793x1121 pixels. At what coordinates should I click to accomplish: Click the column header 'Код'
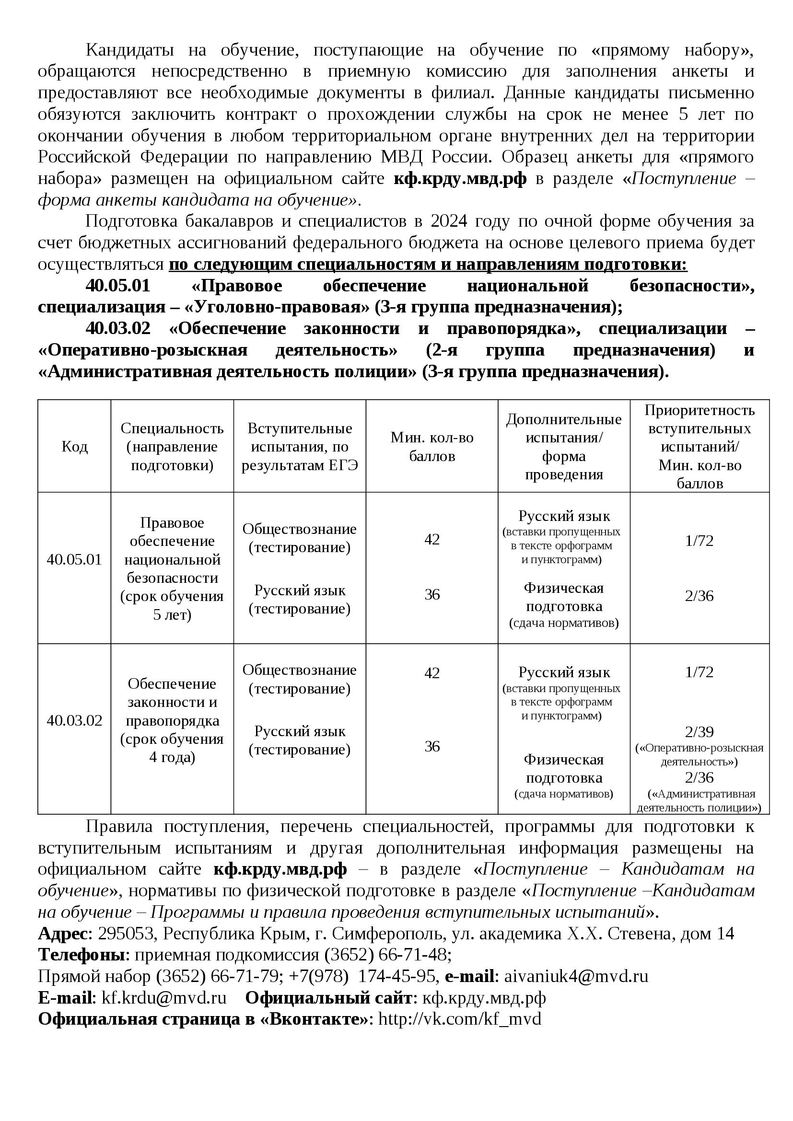(x=74, y=447)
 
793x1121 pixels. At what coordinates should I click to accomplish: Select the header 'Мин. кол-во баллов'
(x=431, y=447)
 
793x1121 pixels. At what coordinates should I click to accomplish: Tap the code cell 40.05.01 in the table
(x=74, y=559)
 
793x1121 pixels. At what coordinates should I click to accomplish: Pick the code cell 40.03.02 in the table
(x=74, y=720)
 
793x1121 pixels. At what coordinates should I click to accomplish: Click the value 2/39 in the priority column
(x=699, y=732)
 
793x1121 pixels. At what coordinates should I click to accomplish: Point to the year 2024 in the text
(x=449, y=221)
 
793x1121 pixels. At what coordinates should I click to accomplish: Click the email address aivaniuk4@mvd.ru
(x=576, y=976)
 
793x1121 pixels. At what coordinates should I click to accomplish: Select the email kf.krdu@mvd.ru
(x=164, y=998)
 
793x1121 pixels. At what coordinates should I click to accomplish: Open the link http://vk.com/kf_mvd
(x=459, y=1019)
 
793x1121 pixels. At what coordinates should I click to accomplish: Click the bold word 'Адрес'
(x=62, y=934)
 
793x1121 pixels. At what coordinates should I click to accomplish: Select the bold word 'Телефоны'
(x=83, y=955)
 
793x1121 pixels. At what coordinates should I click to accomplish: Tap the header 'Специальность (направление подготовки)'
(x=172, y=447)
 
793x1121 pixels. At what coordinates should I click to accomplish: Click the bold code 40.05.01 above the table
(x=117, y=286)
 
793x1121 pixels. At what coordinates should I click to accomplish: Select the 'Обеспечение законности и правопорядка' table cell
(x=172, y=720)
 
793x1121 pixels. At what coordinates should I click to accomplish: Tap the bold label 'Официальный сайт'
(x=328, y=998)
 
